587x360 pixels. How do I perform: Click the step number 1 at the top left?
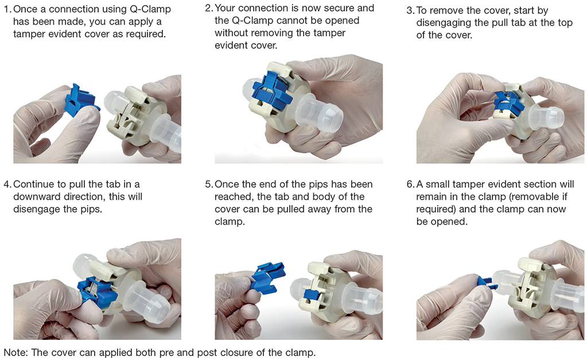7,10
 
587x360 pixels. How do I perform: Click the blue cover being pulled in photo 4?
94,289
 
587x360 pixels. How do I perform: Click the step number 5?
208,184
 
